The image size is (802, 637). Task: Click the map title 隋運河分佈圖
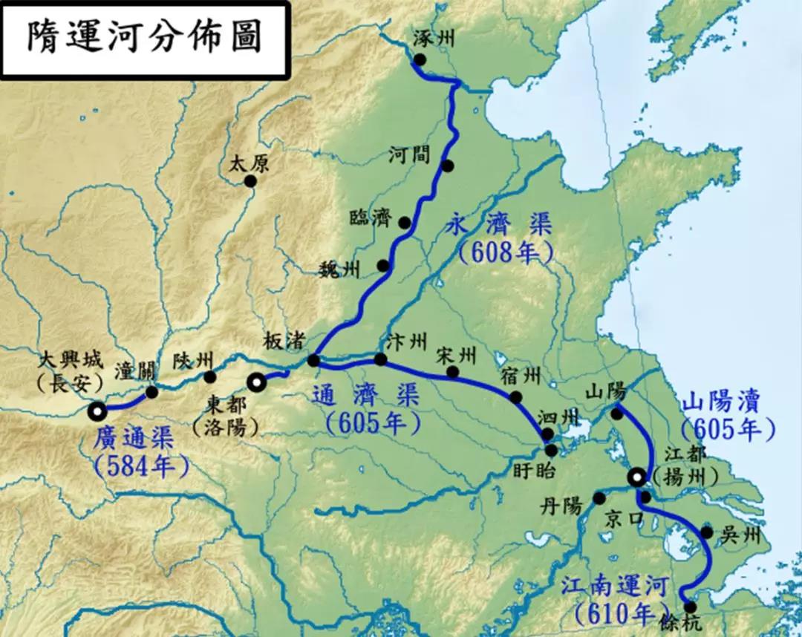click(x=145, y=38)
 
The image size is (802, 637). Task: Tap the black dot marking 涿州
click(x=420, y=59)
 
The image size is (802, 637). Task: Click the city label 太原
click(x=246, y=163)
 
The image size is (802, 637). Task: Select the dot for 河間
click(x=447, y=166)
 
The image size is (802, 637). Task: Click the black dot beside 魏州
click(x=383, y=265)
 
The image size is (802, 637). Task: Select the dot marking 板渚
click(x=313, y=361)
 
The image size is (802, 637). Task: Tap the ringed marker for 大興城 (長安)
click(x=97, y=410)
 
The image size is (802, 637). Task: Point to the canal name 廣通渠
click(x=134, y=438)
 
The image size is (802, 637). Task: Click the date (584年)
click(x=141, y=465)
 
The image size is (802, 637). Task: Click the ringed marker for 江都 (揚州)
click(x=636, y=477)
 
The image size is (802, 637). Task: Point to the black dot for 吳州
click(x=706, y=532)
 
